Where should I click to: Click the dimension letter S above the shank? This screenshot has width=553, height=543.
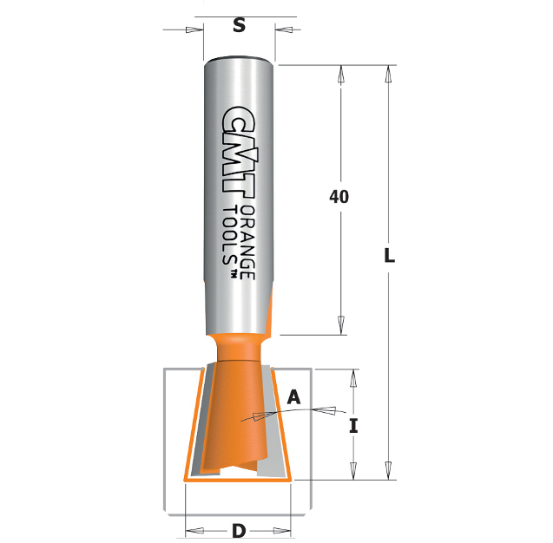239,25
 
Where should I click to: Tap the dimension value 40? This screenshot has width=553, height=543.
339,197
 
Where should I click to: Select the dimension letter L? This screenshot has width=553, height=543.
389,256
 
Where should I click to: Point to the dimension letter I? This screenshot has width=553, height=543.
353,425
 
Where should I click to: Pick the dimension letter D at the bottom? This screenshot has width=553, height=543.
239,531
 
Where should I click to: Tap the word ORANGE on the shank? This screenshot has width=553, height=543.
247,242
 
